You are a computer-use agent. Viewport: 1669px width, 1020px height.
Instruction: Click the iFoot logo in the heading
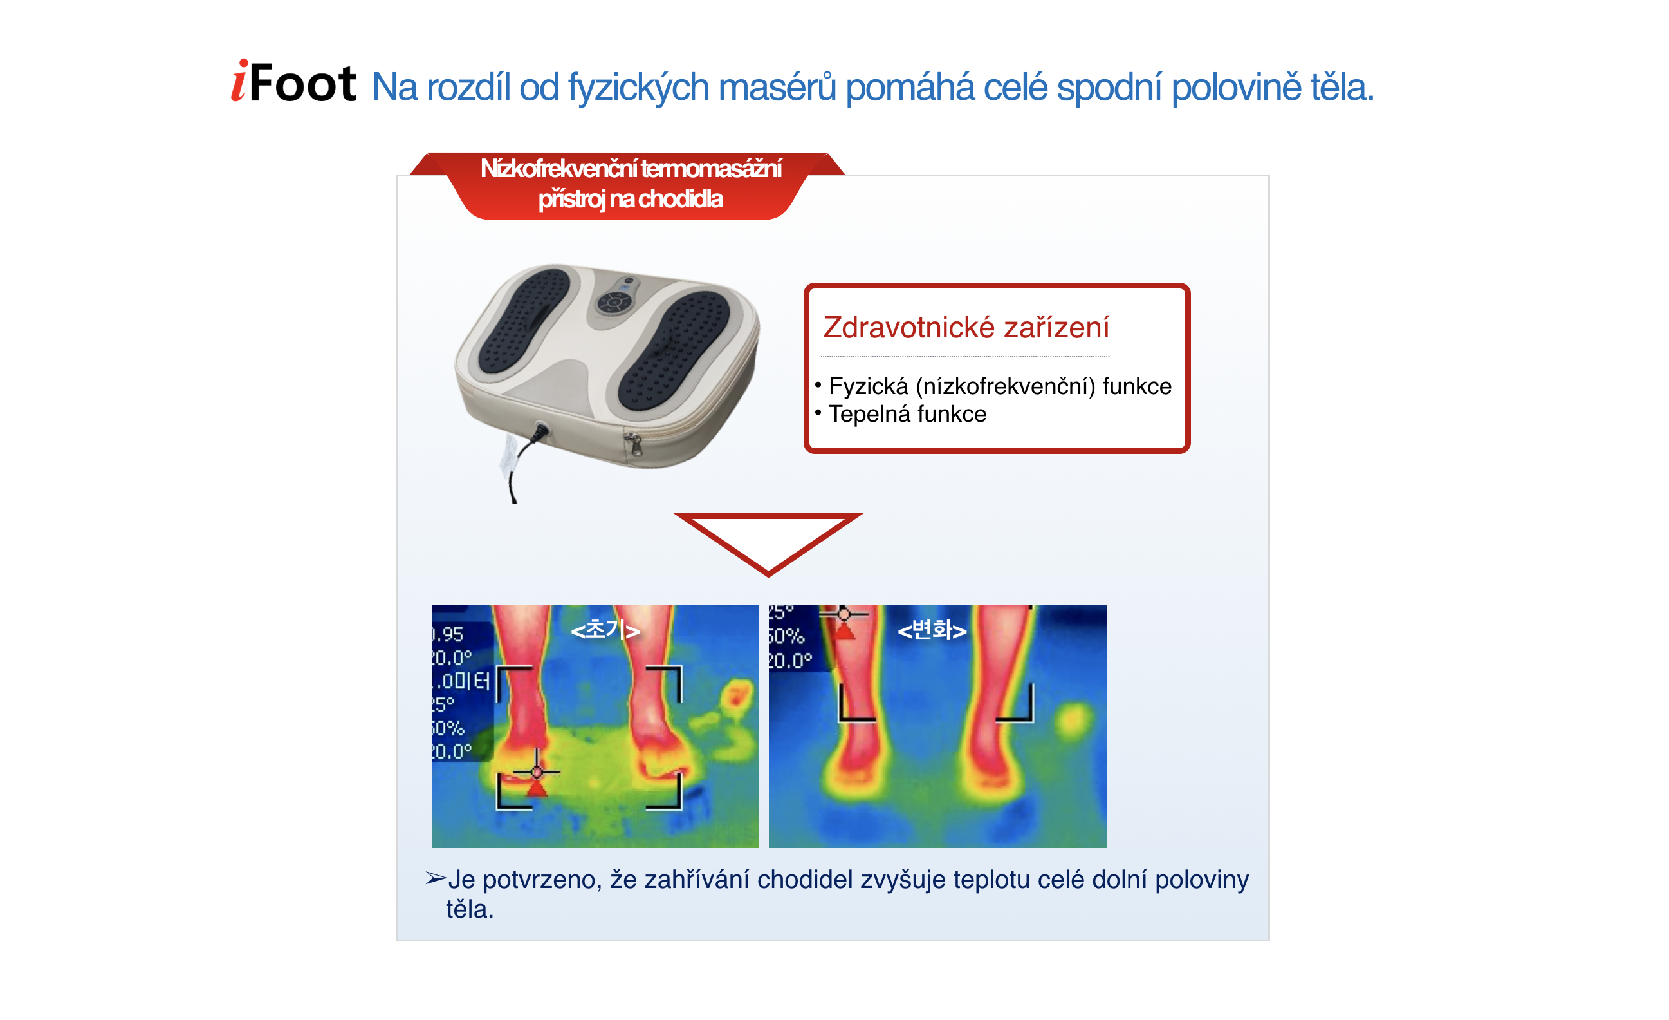coord(293,83)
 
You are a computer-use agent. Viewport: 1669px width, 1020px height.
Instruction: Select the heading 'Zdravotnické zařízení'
coord(966,328)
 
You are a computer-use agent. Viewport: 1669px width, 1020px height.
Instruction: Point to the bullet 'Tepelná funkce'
coord(907,414)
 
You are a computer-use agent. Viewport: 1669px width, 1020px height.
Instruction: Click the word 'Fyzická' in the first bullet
coord(869,386)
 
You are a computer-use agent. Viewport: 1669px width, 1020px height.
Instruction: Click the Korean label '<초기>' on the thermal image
coord(605,630)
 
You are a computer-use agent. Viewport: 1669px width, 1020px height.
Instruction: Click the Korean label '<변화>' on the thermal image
coord(932,630)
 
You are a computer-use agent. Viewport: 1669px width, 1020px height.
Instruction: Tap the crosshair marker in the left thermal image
coord(537,772)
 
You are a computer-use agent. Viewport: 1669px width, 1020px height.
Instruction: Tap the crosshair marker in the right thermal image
coord(844,615)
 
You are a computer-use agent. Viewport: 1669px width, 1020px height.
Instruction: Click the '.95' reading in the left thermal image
coord(448,635)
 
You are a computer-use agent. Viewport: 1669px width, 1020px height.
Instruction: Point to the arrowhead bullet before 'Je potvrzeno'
coord(436,879)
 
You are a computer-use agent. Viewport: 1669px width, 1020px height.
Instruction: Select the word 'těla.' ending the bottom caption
coord(470,909)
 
